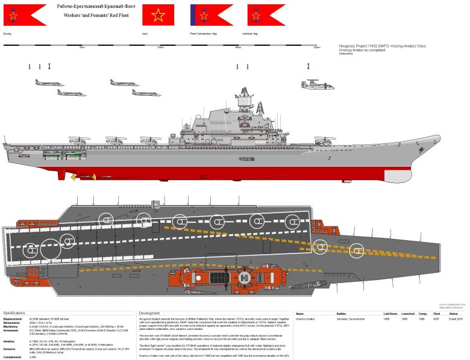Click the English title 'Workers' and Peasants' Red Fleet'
[85, 13]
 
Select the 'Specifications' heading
[14, 313]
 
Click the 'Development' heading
[149, 313]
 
